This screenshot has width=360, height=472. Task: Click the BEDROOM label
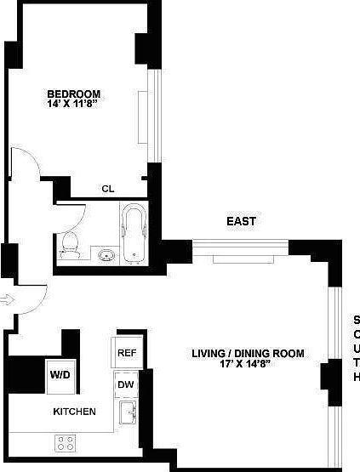[74, 94]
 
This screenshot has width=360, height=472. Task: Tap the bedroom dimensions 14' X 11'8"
[74, 105]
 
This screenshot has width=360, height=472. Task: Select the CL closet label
[108, 189]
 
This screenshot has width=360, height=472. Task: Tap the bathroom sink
[106, 254]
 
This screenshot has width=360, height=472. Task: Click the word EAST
[241, 221]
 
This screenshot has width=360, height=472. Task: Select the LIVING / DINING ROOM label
[247, 354]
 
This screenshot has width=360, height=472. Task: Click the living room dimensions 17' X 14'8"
[247, 365]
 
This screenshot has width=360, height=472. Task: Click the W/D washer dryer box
[60, 374]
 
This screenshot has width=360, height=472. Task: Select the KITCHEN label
[74, 412]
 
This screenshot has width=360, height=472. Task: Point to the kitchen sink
[127, 414]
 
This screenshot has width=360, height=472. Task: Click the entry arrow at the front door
[8, 299]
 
